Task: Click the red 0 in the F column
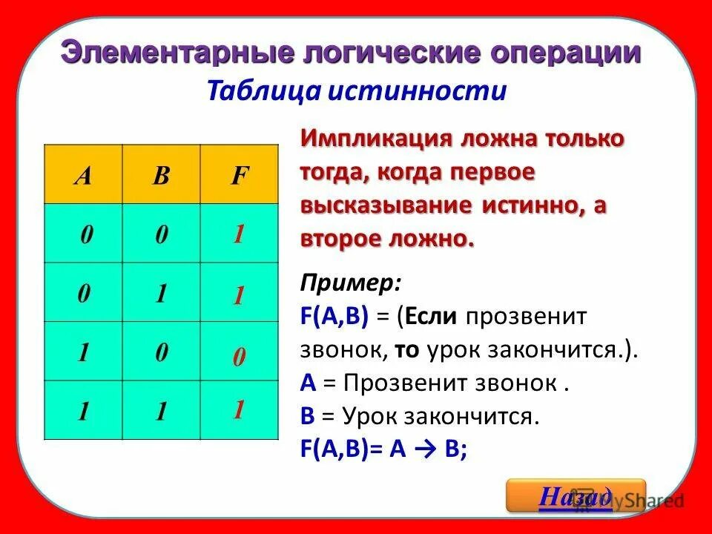coord(239,358)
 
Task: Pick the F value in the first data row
coord(239,235)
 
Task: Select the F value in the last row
coord(239,409)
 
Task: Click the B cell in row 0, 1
coord(160,294)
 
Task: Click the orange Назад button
coord(576,495)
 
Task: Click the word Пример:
coord(351,283)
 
